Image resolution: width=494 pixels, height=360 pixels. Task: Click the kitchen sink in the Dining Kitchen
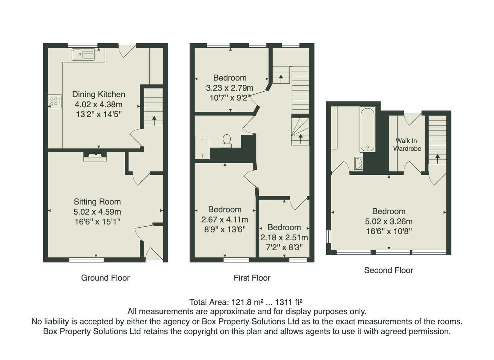(83, 54)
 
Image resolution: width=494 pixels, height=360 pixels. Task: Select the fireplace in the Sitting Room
(95, 156)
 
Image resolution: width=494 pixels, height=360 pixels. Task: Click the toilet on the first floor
(227, 141)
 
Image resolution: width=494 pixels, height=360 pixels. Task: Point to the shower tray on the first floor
(202, 147)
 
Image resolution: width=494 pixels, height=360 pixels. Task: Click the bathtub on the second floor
(367, 130)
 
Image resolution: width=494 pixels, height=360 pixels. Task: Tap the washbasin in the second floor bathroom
(358, 164)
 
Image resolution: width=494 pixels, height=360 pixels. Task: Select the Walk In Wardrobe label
(407, 145)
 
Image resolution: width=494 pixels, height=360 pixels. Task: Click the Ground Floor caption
(105, 278)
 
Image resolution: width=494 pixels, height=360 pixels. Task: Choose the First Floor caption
(252, 278)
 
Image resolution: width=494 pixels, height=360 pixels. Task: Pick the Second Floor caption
(388, 270)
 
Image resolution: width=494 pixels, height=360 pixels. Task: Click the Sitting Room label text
(97, 202)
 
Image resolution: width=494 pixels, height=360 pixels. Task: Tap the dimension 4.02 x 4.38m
(98, 104)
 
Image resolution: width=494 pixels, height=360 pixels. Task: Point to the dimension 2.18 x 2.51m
(284, 238)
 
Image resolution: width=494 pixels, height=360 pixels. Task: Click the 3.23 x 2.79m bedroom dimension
(230, 88)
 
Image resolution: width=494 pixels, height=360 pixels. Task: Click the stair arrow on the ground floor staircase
(154, 120)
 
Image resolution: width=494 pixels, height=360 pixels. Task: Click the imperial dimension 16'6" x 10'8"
(389, 231)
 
